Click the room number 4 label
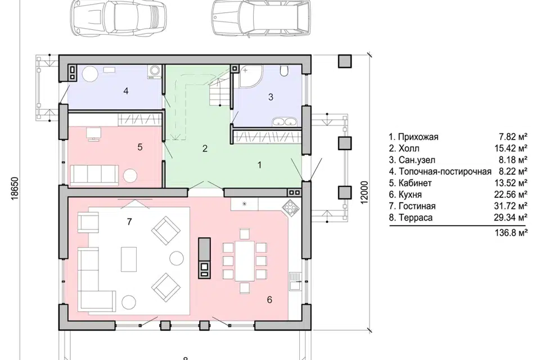[125, 91]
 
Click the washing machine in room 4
[154, 71]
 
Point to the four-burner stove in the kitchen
[289, 208]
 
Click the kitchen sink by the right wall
[295, 281]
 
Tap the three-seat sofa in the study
[94, 174]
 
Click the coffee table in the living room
[128, 259]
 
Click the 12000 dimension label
[365, 193]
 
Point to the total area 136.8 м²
[511, 233]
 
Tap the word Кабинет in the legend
[415, 183]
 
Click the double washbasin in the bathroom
[285, 121]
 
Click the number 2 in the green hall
[205, 148]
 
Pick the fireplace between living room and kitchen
[204, 258]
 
